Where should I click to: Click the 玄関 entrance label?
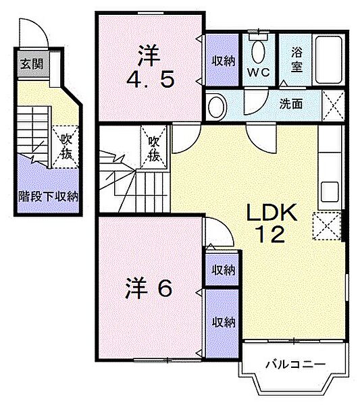click(30, 65)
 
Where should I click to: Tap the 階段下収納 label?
click(48, 197)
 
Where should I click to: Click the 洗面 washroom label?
click(291, 103)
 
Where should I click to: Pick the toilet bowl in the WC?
click(257, 50)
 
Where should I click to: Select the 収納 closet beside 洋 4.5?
click(222, 61)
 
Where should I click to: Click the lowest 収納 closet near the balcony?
click(222, 321)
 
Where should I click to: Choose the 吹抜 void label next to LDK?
click(154, 148)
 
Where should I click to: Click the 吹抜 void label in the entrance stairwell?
click(66, 146)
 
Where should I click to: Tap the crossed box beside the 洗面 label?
click(331, 105)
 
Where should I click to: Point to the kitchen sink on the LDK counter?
click(330, 190)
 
